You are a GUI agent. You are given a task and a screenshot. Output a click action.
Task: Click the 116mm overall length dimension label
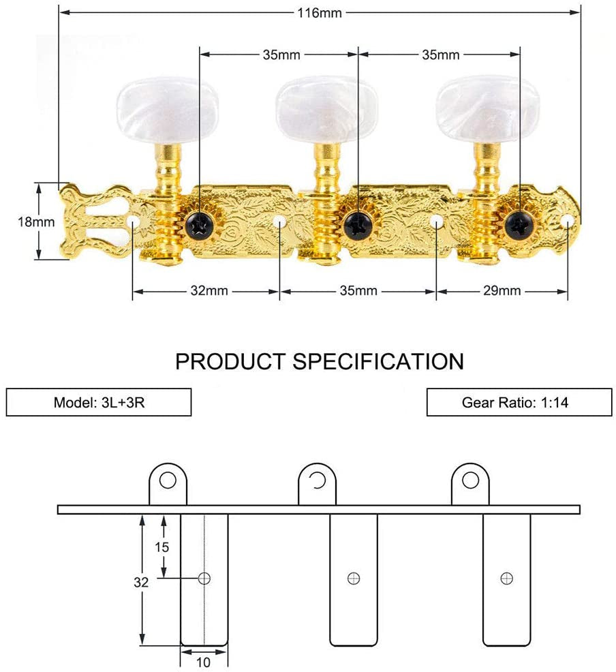[x=319, y=13]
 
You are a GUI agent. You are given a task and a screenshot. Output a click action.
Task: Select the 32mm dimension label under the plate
[x=208, y=291]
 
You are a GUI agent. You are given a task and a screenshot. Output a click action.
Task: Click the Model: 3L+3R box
[x=99, y=402]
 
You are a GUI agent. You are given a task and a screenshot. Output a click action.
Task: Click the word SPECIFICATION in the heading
[x=378, y=361]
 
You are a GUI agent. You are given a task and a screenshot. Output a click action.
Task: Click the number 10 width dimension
[x=204, y=661]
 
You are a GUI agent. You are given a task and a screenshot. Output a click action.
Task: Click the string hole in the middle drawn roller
[x=353, y=578]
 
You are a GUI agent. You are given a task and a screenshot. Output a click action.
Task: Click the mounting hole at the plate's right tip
[x=567, y=219]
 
